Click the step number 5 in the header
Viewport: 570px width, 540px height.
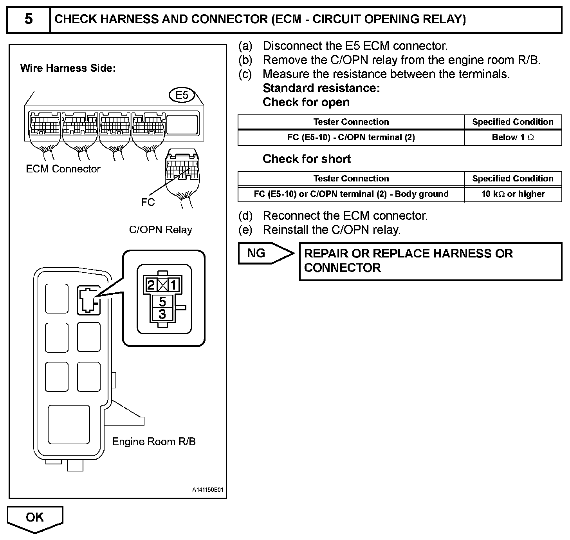tap(28, 19)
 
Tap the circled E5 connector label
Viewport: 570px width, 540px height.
tap(182, 95)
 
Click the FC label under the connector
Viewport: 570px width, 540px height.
tap(148, 202)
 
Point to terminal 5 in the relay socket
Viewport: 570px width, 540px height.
tap(162, 301)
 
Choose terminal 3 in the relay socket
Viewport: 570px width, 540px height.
tap(162, 314)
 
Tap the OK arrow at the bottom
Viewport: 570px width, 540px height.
tap(35, 518)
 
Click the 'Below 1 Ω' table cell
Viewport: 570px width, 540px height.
tap(513, 138)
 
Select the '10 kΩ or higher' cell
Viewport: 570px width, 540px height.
tap(513, 194)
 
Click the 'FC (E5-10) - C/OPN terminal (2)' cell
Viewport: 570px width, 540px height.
tap(351, 138)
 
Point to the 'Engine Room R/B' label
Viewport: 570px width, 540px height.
tap(153, 442)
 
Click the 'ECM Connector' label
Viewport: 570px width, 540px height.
tap(63, 169)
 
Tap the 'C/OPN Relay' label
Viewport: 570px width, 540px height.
tap(161, 230)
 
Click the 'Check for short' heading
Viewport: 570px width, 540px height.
tap(307, 159)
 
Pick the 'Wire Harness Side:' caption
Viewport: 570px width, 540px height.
tap(68, 68)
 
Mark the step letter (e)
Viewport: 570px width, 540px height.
tap(245, 230)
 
